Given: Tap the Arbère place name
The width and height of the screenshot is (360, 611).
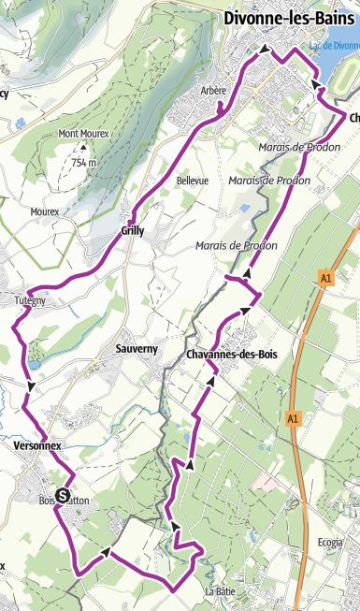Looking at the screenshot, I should [x=214, y=90].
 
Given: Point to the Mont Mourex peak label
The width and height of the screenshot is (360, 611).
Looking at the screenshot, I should [x=84, y=133].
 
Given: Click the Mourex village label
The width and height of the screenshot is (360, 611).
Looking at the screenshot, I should [x=44, y=212].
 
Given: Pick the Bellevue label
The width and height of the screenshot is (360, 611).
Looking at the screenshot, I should [x=192, y=180].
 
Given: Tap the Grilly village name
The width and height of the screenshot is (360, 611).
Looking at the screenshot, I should [x=132, y=230].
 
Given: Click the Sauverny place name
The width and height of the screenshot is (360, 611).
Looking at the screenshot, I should [x=137, y=348].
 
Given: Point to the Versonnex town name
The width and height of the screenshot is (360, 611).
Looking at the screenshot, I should [x=37, y=446].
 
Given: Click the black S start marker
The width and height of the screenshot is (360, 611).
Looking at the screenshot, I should [x=63, y=496].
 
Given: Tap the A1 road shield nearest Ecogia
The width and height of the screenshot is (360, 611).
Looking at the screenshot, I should [x=293, y=417].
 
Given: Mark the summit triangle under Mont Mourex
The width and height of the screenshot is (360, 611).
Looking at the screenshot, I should [x=83, y=148].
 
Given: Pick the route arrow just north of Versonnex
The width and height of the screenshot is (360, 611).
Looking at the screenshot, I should [x=33, y=386].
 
